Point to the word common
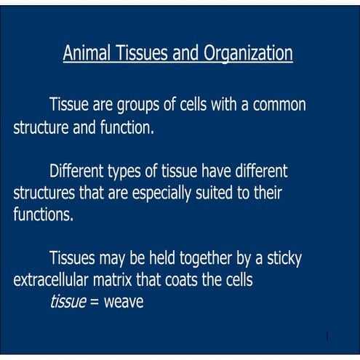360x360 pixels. point(279,105)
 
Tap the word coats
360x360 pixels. point(193,280)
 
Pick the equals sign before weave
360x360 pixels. point(95,302)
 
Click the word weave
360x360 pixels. point(124,301)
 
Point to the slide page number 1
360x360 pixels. point(328,337)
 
